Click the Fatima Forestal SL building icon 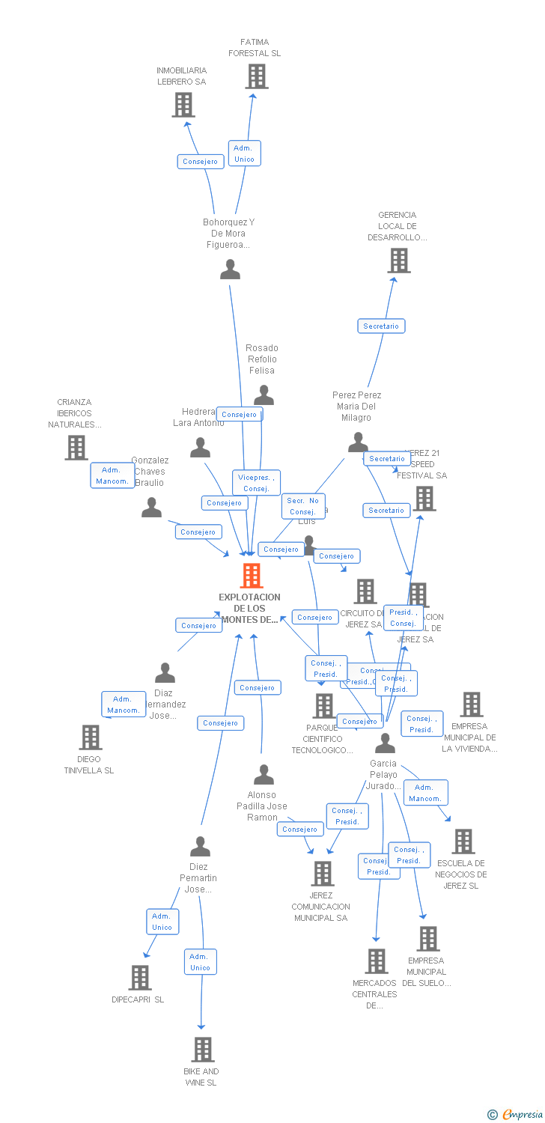click(257, 76)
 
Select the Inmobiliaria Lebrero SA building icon click(183, 105)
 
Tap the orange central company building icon click(252, 576)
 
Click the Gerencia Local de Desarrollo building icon click(399, 261)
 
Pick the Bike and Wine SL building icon click(202, 1050)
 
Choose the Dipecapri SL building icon click(140, 978)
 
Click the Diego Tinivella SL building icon click(90, 737)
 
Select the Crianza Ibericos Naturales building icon click(76, 448)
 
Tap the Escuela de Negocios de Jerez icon click(463, 842)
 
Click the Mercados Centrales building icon click(377, 961)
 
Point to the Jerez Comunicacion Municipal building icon click(323, 874)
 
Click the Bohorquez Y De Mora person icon click(230, 270)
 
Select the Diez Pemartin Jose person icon click(200, 847)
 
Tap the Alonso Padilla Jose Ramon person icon click(264, 774)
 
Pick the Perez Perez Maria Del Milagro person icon click(358, 442)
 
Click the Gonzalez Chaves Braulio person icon click(151, 508)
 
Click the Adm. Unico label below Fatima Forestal click(244, 153)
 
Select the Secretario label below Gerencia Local click(381, 326)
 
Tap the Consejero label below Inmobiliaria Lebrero click(201, 162)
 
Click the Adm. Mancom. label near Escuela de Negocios click(425, 793)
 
